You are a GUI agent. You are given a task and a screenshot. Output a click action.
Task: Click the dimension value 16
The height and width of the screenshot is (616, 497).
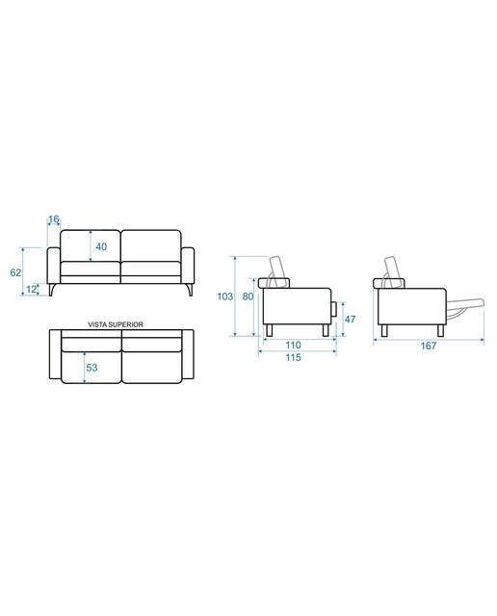54,219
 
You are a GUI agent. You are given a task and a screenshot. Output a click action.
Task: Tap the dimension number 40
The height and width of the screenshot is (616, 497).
101,246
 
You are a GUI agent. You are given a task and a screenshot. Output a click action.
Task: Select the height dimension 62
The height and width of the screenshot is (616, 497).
15,272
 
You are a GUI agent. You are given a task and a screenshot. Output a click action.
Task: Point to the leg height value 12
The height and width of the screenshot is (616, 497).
31,289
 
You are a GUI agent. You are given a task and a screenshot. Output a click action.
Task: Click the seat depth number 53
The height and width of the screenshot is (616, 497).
92,368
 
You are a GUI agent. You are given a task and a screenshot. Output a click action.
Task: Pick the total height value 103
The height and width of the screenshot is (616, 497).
225,296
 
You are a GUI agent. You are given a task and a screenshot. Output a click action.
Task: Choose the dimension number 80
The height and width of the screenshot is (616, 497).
248,296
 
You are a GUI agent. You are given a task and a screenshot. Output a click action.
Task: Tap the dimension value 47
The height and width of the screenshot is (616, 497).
350,320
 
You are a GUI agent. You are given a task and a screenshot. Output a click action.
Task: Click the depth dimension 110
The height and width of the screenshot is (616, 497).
294,345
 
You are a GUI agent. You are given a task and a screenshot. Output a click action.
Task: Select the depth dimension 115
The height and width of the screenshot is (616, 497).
294,357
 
